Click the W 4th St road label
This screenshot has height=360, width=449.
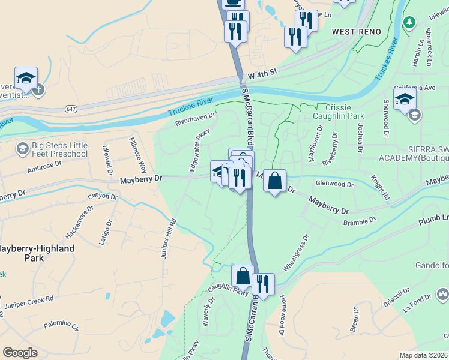(262, 71)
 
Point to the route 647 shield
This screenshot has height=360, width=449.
(71, 109)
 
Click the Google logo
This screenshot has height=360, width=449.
(20, 353)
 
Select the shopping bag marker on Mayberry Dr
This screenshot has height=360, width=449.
(274, 181)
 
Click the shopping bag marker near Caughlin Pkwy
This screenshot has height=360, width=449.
(243, 276)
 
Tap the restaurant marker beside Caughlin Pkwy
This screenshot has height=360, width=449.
(263, 283)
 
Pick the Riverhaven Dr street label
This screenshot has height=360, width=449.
(195, 119)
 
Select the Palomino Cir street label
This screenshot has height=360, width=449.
(62, 328)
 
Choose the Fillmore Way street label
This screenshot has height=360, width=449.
(138, 155)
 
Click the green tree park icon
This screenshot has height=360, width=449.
(409, 22)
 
